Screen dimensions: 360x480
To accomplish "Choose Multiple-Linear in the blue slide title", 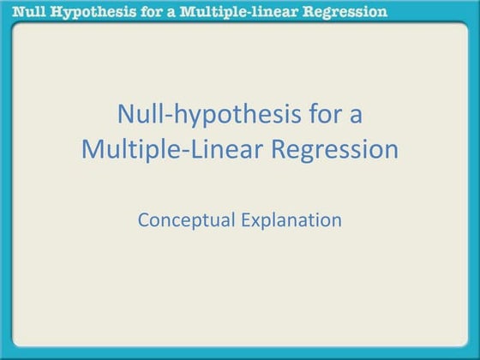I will pyautogui.click(x=172, y=149).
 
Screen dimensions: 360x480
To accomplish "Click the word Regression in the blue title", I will pyautogui.click(x=336, y=150).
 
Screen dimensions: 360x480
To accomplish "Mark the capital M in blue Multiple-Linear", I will pyautogui.click(x=93, y=149).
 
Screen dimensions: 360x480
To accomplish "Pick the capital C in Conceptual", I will pyautogui.click(x=143, y=219).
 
